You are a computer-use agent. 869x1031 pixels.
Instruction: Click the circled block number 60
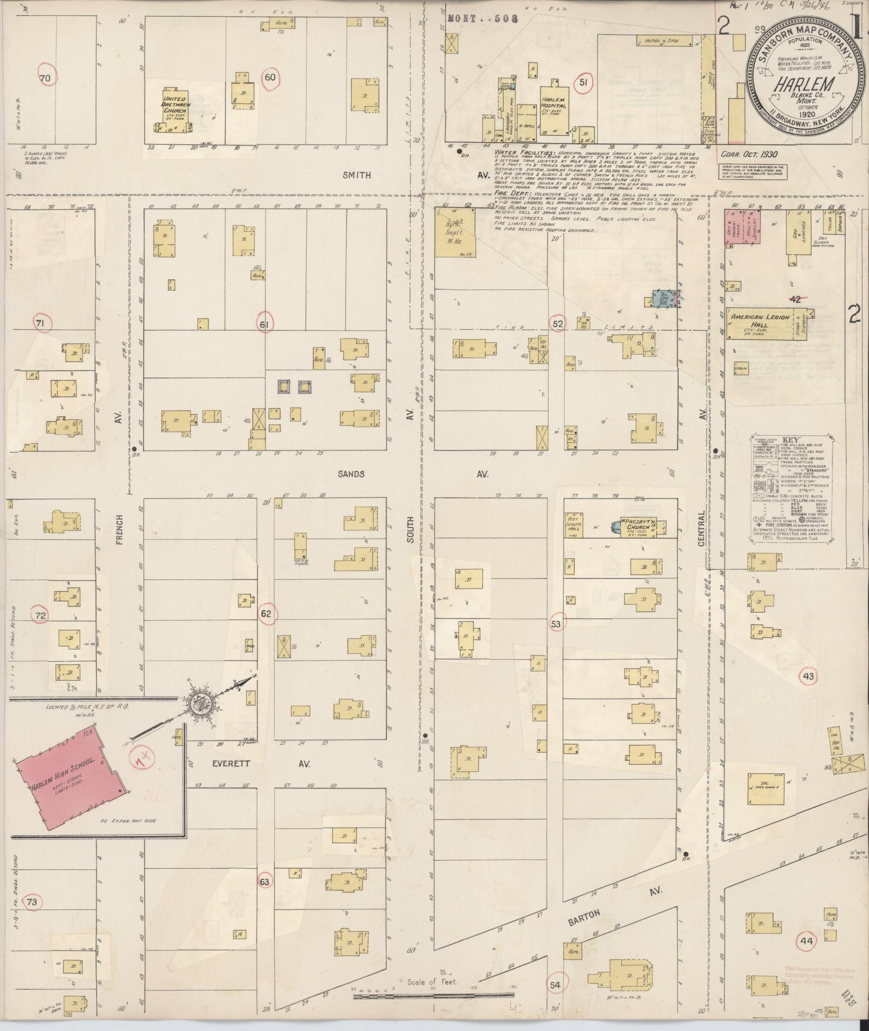click(x=270, y=78)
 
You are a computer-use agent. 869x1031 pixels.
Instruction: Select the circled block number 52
click(x=558, y=323)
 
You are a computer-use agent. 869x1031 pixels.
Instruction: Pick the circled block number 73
click(x=32, y=902)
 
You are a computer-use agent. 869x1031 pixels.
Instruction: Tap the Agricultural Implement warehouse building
click(x=456, y=232)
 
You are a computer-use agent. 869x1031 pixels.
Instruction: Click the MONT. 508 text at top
click(x=482, y=19)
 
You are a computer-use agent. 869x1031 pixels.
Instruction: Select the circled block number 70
click(x=45, y=79)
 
